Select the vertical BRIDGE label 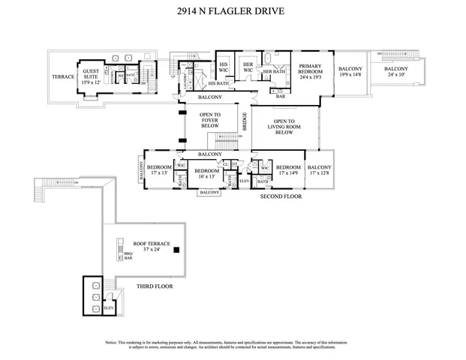click(244, 121)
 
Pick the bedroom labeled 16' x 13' click(206, 175)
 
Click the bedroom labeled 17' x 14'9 click(287, 171)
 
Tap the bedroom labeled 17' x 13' click(158, 171)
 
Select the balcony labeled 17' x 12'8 click(320, 171)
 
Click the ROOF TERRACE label click(152, 247)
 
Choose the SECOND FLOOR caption click(280, 196)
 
